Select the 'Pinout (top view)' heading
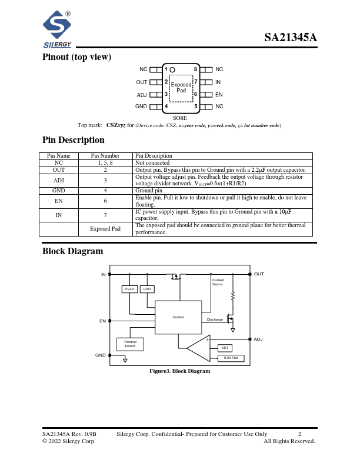point(77,57)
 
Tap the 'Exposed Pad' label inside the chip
point(181,88)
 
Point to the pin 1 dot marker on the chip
point(172,69)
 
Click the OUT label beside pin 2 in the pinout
point(142,82)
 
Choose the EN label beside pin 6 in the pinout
point(219,94)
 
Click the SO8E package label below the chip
point(180,118)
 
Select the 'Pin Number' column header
point(105,156)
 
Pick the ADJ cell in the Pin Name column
point(58,180)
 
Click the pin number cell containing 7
point(105,215)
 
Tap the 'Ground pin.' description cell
point(149,191)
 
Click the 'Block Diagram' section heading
point(72,251)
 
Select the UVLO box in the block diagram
point(129,289)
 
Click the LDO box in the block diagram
point(147,289)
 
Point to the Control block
point(178,317)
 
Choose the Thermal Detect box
point(130,344)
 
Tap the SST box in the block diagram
point(225,348)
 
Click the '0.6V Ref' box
point(231,358)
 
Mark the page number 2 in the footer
point(299,434)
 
